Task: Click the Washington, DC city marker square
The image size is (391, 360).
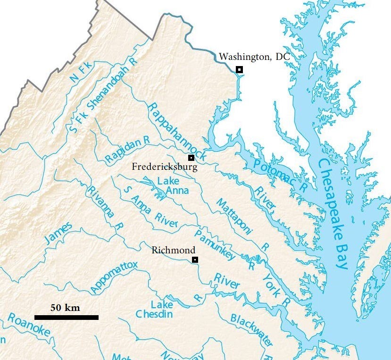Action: [239, 69]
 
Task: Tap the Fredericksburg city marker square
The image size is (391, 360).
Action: [191, 158]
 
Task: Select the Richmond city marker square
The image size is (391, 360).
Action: [195, 260]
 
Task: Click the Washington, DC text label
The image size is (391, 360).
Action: [254, 57]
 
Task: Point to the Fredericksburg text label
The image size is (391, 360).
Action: [165, 167]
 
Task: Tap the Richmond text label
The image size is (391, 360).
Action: [170, 251]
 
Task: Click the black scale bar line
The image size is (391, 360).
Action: [66, 318]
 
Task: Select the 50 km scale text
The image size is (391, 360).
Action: [65, 308]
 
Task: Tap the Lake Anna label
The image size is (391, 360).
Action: [173, 185]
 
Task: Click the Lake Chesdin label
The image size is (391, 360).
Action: [154, 309]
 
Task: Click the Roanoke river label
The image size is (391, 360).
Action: [28, 325]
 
